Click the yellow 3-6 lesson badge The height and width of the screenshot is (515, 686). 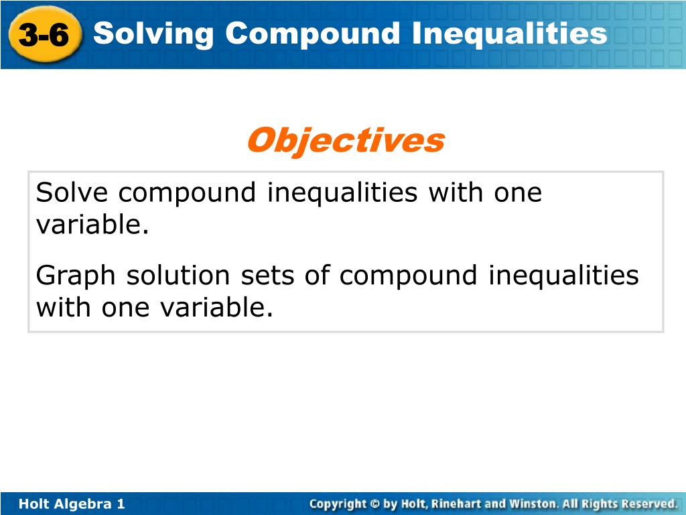coord(45,34)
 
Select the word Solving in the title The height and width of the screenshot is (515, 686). coord(153,34)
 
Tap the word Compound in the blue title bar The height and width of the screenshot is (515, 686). coord(312,34)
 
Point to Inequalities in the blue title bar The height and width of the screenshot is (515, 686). coord(509,34)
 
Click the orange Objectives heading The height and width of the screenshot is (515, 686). coord(346,141)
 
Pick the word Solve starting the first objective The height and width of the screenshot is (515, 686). coord(72,192)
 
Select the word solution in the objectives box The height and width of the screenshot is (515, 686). coord(178,275)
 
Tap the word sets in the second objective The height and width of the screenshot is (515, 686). coord(267,276)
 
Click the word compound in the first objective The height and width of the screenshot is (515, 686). coord(188,194)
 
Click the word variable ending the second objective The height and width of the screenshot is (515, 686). coord(216,306)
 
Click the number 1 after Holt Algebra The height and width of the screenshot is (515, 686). coord(121,504)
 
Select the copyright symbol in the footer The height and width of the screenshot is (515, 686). coord(375,504)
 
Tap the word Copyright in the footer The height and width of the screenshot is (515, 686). coord(338,504)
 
